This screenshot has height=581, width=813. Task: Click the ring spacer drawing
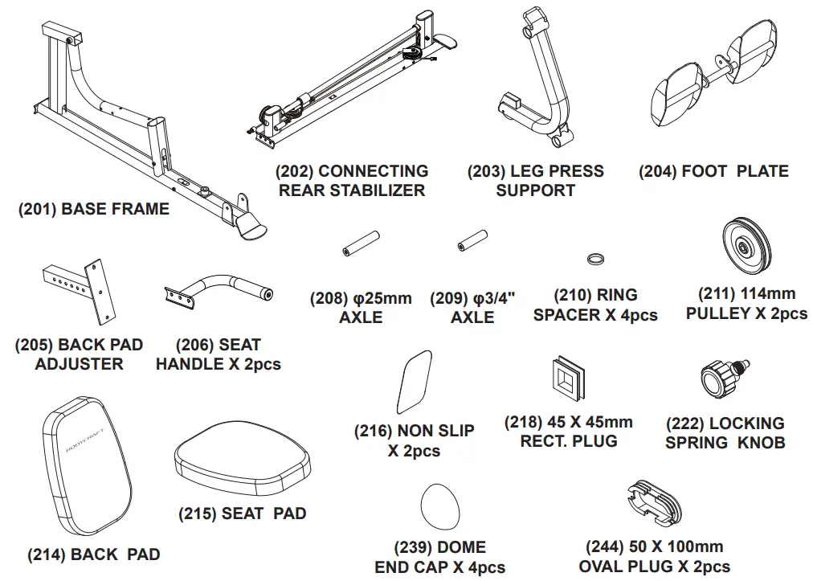[596, 259]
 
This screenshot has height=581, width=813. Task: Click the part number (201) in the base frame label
[37, 209]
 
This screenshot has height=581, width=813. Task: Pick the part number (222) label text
[684, 423]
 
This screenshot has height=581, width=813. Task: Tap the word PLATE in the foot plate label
[762, 171]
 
